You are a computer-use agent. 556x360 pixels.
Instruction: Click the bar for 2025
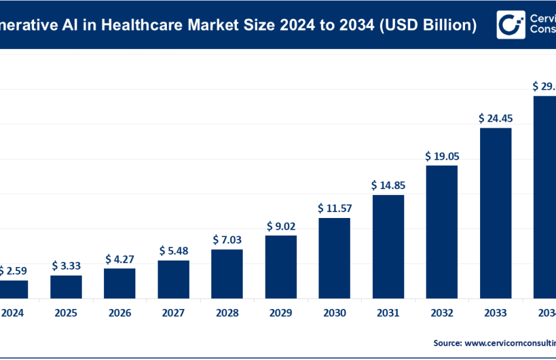(66, 287)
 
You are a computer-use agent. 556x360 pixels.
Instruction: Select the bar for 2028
(227, 274)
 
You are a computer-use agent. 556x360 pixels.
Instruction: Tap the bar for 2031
(388, 246)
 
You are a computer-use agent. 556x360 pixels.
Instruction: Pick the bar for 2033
(495, 213)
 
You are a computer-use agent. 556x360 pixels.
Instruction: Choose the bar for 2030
(334, 258)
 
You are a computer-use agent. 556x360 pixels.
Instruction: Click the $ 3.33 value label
(66, 266)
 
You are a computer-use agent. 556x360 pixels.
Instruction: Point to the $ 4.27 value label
(120, 259)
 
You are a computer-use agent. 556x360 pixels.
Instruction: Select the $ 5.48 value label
(173, 251)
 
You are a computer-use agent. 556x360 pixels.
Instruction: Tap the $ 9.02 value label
(281, 226)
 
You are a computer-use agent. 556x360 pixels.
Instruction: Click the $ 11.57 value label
(334, 208)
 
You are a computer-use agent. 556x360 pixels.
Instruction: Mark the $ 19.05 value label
(442, 156)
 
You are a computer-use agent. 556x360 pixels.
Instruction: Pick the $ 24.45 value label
(495, 118)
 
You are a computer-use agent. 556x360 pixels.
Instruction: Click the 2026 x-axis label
(120, 313)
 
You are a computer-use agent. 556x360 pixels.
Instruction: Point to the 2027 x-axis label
(173, 313)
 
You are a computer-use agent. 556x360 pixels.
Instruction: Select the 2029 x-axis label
(281, 313)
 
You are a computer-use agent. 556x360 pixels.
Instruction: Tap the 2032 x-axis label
(442, 313)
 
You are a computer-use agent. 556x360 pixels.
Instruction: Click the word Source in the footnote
(447, 342)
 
